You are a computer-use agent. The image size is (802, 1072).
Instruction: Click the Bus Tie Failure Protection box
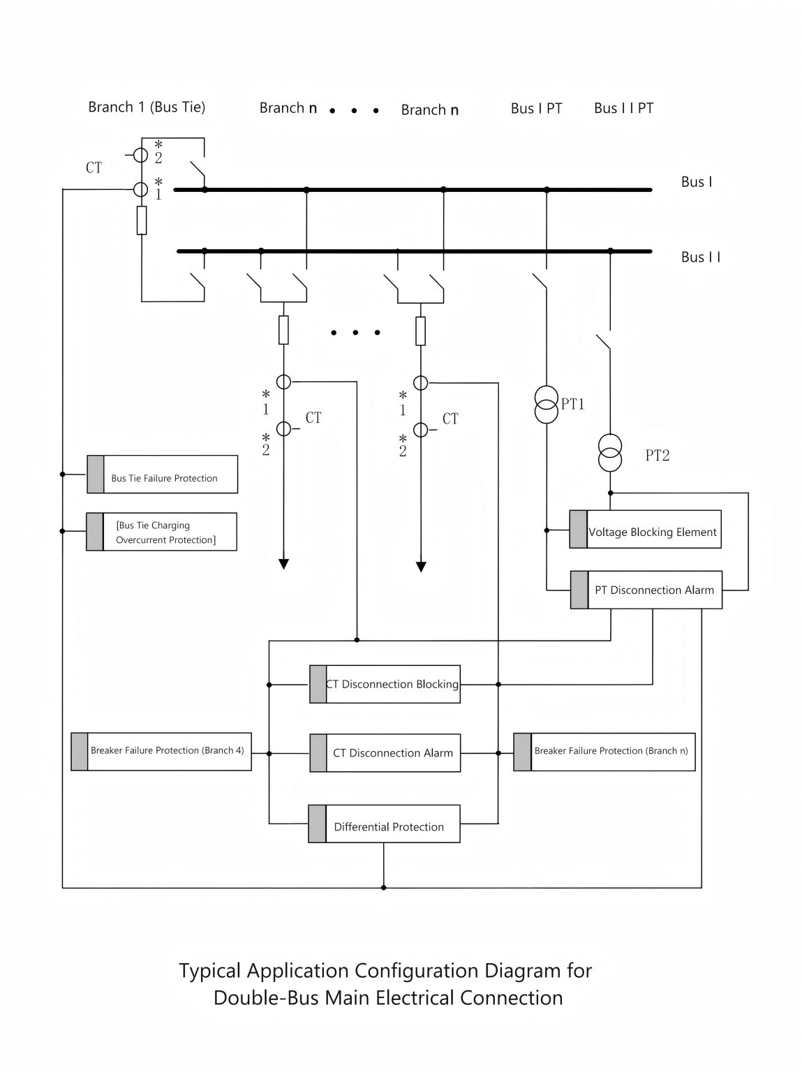click(163, 475)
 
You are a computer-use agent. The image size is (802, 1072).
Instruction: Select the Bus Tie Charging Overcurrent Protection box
click(162, 532)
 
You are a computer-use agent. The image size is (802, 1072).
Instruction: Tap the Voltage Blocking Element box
click(645, 530)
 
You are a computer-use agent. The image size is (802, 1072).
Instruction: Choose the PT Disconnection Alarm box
click(646, 590)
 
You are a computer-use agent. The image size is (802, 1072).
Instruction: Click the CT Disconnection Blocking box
click(385, 684)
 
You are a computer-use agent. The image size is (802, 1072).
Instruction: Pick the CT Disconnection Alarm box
click(385, 753)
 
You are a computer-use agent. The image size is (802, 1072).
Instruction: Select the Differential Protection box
click(385, 824)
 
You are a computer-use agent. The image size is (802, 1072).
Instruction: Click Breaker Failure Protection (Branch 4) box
click(161, 751)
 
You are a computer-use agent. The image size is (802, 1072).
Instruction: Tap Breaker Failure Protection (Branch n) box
click(604, 752)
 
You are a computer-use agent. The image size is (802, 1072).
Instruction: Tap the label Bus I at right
click(697, 182)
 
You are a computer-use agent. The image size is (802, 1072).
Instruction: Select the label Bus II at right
click(701, 257)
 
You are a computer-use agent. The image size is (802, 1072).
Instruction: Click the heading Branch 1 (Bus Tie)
click(147, 107)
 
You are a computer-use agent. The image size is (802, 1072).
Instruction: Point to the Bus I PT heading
click(536, 108)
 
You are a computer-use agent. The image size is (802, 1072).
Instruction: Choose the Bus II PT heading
click(623, 108)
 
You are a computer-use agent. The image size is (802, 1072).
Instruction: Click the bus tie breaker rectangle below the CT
click(142, 221)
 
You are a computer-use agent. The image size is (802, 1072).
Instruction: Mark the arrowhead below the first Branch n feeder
click(283, 564)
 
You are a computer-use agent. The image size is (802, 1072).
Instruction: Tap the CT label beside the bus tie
click(94, 168)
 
